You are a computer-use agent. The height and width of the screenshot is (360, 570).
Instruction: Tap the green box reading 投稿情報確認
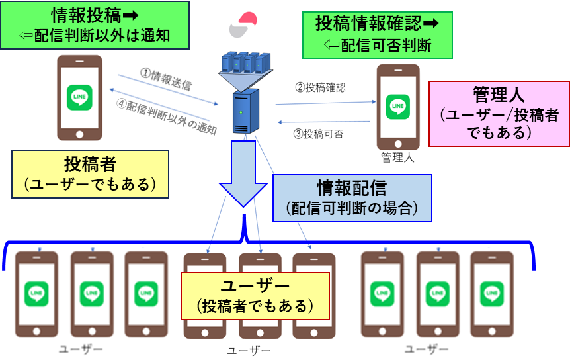click(x=377, y=34)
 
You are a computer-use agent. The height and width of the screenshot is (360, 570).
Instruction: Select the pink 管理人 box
click(x=499, y=113)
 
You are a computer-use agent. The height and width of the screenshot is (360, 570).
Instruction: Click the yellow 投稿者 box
click(x=90, y=173)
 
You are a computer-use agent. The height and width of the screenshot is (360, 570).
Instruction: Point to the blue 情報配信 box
click(x=351, y=198)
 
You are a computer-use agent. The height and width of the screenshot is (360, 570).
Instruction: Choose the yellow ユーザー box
click(x=255, y=295)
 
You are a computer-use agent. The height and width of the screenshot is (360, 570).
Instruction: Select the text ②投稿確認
click(x=320, y=87)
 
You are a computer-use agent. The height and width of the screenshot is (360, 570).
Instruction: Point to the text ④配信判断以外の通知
click(x=167, y=116)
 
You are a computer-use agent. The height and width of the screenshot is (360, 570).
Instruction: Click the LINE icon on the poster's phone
click(x=80, y=98)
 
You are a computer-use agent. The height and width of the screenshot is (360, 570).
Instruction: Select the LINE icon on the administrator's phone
click(x=399, y=106)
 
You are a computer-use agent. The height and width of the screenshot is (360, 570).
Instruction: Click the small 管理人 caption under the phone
click(x=397, y=157)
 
